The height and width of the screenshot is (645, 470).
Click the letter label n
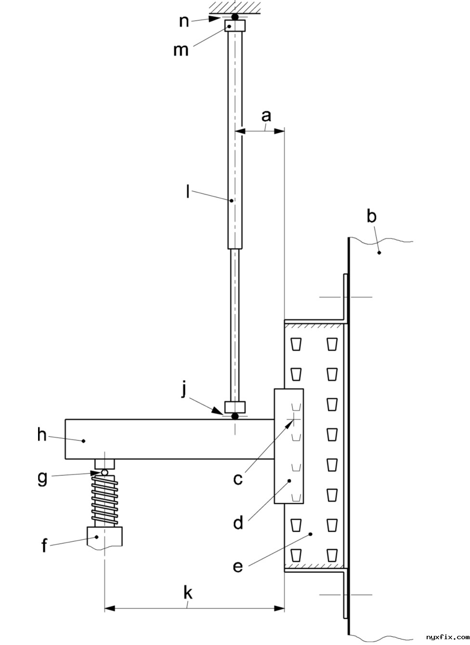coord(184,22)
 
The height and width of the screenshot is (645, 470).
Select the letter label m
coord(181,50)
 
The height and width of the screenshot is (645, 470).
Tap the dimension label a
coord(266,116)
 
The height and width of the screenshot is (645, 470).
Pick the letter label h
coord(42,434)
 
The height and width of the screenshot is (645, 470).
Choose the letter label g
coord(42,478)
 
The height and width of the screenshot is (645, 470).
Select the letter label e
coord(237,566)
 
